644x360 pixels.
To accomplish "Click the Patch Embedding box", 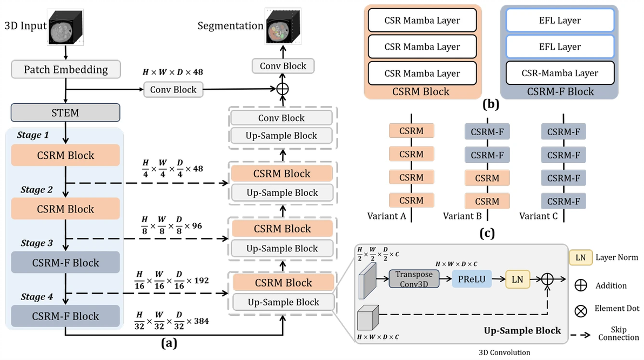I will [x=65, y=70].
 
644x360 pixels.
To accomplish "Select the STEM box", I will [x=65, y=113].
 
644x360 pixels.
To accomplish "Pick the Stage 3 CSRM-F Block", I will [x=65, y=263].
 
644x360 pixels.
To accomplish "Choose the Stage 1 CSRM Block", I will [x=65, y=156].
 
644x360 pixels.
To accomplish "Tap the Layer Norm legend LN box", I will [x=580, y=257].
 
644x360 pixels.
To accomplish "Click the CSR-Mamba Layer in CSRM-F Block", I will [x=560, y=73].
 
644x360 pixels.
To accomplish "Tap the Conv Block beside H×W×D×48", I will [x=173, y=90].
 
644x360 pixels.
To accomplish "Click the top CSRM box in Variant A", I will [x=411, y=131].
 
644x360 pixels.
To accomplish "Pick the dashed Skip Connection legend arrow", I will [x=580, y=335].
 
